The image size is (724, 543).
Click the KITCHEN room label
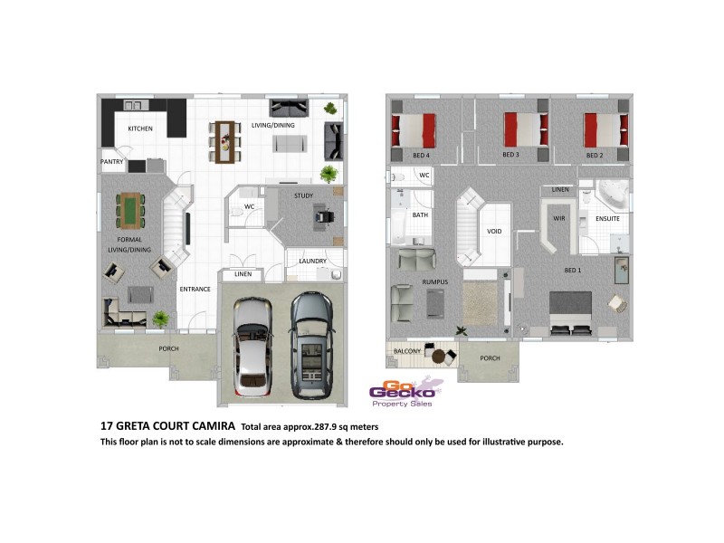[139, 129]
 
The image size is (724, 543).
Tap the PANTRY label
[112, 163]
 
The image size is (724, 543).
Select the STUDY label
[303, 195]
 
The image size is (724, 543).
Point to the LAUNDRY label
[312, 262]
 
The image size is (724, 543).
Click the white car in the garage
[252, 346]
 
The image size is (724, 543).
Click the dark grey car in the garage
[310, 346]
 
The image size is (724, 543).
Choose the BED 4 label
[421, 156]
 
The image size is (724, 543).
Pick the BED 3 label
[510, 156]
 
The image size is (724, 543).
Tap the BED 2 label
[594, 156]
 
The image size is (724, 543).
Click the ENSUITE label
[607, 219]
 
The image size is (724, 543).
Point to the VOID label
[494, 231]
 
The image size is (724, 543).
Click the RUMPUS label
[436, 283]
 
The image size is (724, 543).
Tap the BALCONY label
[405, 350]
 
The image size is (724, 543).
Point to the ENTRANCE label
[195, 290]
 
